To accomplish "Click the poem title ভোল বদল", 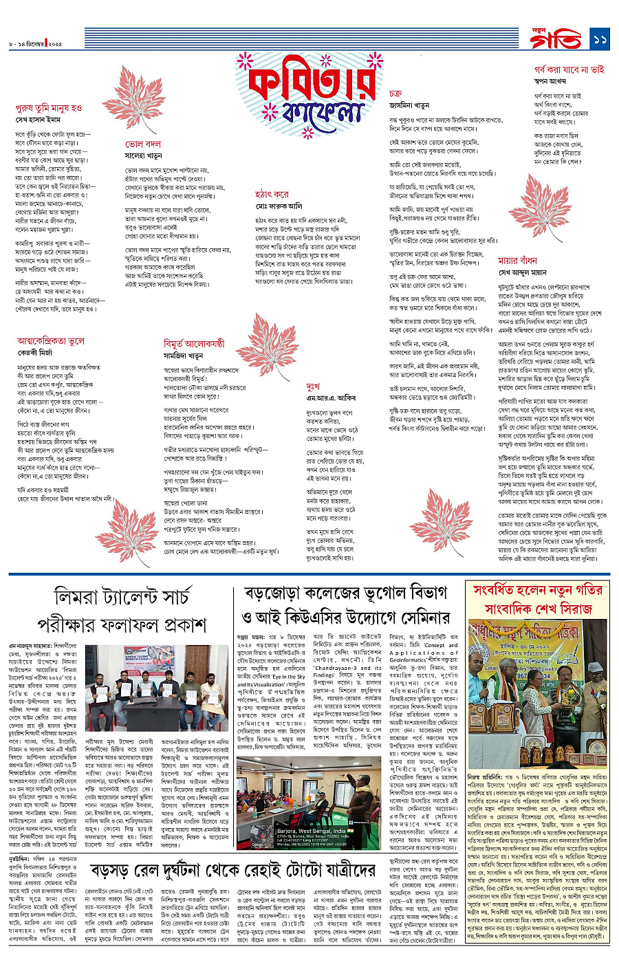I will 143,144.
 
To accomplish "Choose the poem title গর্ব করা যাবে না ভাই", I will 569,69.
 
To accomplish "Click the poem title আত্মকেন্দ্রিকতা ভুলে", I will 51,340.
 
